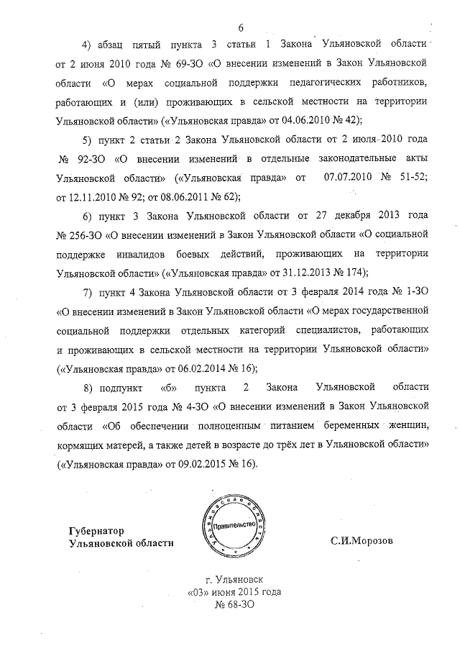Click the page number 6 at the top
[240, 28]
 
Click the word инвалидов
[136, 253]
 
